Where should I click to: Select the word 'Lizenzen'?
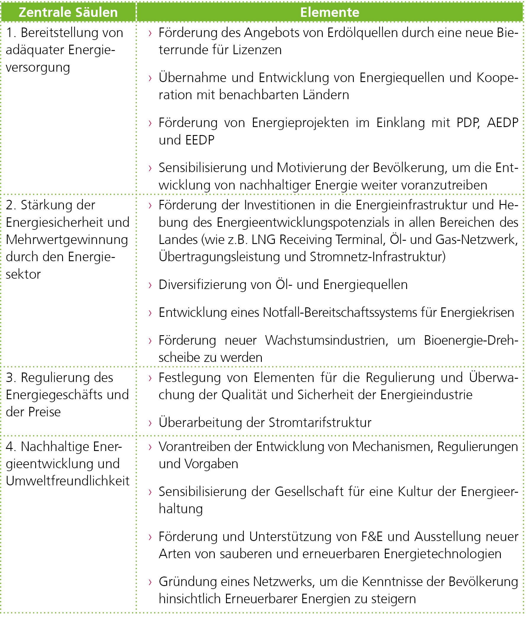257,50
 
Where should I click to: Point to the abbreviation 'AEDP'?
503,123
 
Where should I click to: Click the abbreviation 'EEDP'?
200,140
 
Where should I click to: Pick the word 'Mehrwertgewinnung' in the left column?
67,240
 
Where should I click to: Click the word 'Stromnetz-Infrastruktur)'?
377,257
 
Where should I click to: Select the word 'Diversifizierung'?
202,285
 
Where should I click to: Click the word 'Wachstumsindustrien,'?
327,340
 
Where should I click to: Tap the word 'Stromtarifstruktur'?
320,422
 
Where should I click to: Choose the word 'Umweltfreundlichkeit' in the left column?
68,481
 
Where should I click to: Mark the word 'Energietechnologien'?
443,553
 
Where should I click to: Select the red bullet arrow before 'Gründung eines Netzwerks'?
151,582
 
